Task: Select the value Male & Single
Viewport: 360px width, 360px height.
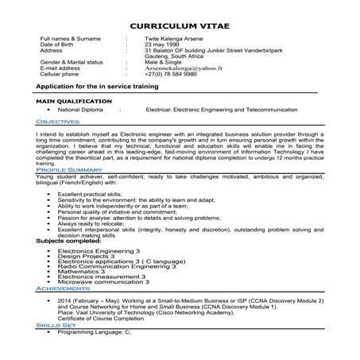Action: click(162, 61)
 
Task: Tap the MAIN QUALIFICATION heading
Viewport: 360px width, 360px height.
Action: click(74, 102)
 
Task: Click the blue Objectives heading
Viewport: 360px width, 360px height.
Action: click(58, 121)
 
